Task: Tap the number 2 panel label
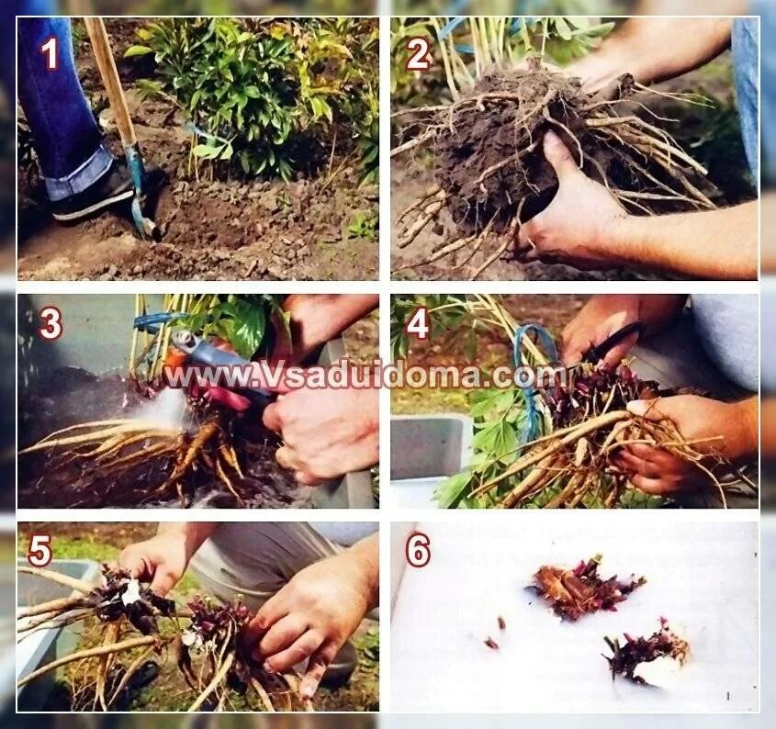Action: pos(417,54)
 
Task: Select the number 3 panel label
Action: pos(50,324)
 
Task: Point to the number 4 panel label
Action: pos(418,324)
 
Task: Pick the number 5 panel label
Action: pos(39,551)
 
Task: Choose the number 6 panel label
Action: pos(418,551)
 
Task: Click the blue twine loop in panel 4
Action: pos(531,376)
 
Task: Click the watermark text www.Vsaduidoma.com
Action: pos(366,376)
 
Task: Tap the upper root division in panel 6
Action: pos(584,588)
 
